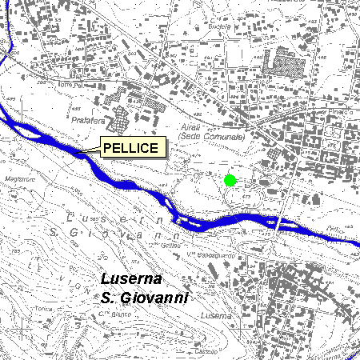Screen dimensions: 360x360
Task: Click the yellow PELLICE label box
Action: click(x=132, y=147)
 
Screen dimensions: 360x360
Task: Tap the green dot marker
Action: click(x=230, y=180)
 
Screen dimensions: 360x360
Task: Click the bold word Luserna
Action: click(x=132, y=279)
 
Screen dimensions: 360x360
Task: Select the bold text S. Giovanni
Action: click(x=145, y=298)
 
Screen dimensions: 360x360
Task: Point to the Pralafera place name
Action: click(x=88, y=121)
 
